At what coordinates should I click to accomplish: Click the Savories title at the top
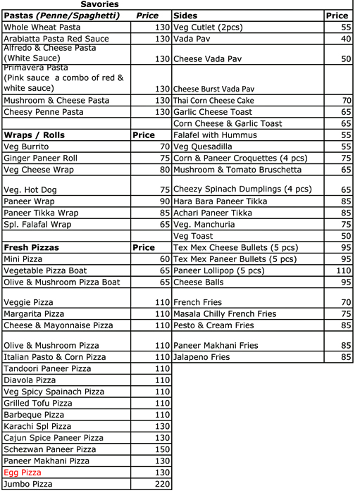[x=100, y=4]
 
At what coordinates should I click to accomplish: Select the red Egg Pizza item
[x=23, y=472]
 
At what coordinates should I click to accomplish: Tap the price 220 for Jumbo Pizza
[x=163, y=484]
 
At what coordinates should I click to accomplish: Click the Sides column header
[x=185, y=15]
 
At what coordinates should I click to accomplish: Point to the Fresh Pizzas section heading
[x=31, y=248]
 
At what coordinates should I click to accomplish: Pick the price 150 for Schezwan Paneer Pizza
[x=163, y=449]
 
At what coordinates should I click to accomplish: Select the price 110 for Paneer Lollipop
[x=343, y=270]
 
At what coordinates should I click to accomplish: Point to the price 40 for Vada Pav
[x=345, y=38]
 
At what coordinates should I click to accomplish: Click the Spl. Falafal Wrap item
[x=37, y=225]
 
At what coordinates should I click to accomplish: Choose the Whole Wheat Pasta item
[x=42, y=27]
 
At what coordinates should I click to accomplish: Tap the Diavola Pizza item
[x=30, y=380]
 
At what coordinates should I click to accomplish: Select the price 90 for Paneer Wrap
[x=165, y=201]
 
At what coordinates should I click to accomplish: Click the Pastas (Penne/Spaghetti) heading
[x=62, y=15]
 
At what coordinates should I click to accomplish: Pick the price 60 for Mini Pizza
[x=165, y=259]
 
